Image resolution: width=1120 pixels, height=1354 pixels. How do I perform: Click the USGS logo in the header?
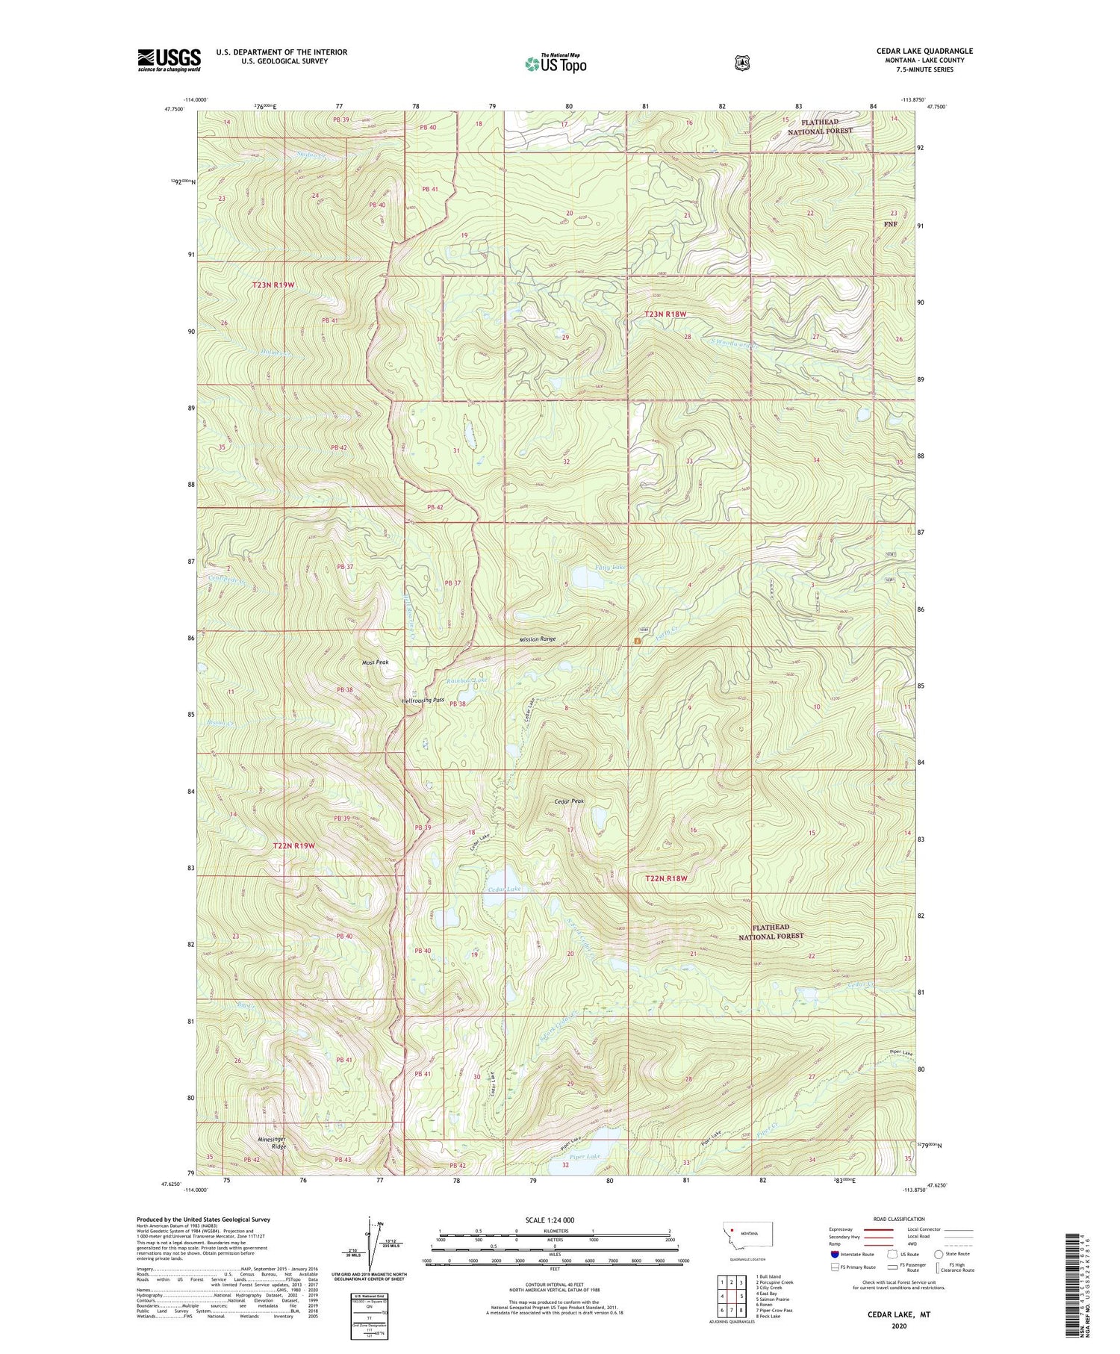click(x=169, y=60)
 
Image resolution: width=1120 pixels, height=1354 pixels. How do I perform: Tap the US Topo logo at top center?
click(x=556, y=63)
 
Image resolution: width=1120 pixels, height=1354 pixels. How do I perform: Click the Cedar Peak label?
click(x=569, y=801)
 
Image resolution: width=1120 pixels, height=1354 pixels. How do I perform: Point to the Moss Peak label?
click(x=375, y=662)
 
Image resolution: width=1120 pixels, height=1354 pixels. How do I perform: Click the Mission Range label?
click(x=538, y=639)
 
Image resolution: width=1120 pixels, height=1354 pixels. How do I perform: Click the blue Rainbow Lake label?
click(x=467, y=680)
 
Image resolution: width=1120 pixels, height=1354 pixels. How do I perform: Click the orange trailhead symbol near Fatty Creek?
click(x=637, y=641)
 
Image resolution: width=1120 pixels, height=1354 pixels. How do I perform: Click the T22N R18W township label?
click(x=665, y=878)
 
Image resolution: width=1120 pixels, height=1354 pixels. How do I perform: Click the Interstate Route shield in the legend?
click(x=834, y=1254)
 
